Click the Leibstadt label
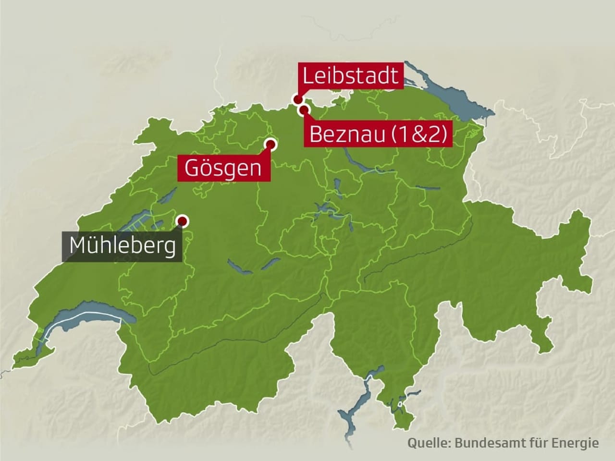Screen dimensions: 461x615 tap(350, 76)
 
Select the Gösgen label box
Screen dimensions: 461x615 tap(223, 168)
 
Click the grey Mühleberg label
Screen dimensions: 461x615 tap(122, 246)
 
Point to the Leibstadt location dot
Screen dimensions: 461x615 tap(298, 100)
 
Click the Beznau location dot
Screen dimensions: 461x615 tap(304, 111)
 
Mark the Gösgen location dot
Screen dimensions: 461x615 tap(271, 144)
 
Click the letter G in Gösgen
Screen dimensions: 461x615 tap(192, 168)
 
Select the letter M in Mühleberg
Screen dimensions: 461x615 tap(78, 246)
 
